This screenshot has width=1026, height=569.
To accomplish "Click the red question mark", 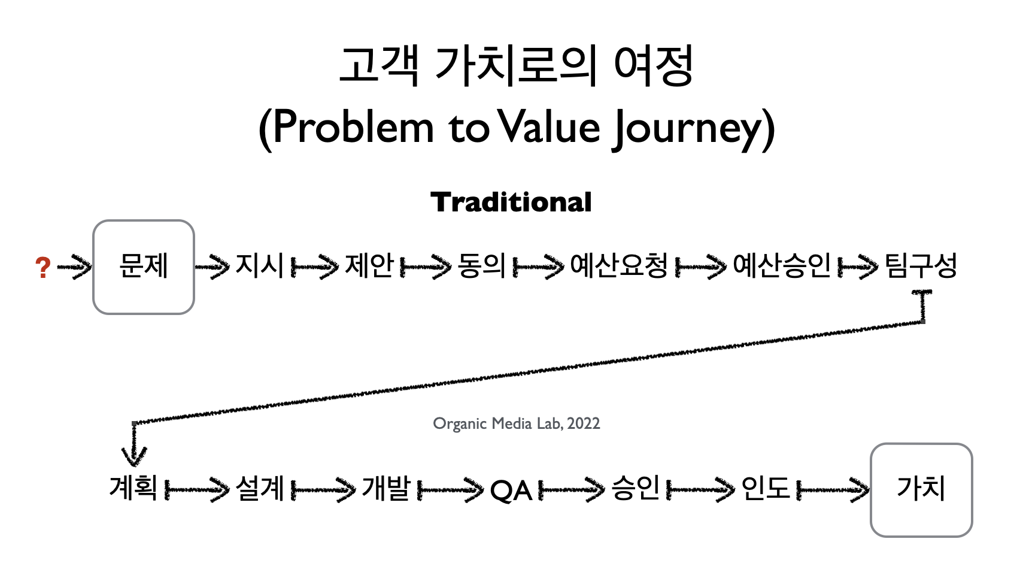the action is tap(43, 267).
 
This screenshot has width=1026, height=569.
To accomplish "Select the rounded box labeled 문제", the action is tap(144, 267).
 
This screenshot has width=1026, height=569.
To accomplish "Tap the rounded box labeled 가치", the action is tap(921, 490).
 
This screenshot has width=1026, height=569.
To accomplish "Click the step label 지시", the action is tap(260, 265).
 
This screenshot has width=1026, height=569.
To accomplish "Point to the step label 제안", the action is tap(369, 265).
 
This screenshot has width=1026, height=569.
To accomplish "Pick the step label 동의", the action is tap(481, 265).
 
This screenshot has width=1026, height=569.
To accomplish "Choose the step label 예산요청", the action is tap(619, 265).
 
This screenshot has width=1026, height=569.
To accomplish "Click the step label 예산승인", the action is tap(781, 265).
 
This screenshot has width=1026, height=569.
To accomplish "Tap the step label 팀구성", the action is tap(921, 265).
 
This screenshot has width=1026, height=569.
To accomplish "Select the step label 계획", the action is tap(133, 488).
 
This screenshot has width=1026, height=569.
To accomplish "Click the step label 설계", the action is tap(260, 488).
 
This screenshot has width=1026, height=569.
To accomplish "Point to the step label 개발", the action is tap(385, 488).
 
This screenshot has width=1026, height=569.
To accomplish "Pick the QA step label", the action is tap(511, 490).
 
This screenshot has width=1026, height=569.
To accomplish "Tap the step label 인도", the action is tap(766, 488).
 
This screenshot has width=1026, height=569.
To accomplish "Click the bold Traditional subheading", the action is tap(511, 202).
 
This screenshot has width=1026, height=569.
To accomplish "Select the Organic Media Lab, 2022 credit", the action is tap(516, 423).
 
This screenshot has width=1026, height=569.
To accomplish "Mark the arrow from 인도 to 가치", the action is tap(833, 490).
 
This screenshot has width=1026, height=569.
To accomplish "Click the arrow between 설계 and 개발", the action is tap(323, 490).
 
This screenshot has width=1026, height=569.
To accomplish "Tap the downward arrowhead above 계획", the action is tap(134, 456).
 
